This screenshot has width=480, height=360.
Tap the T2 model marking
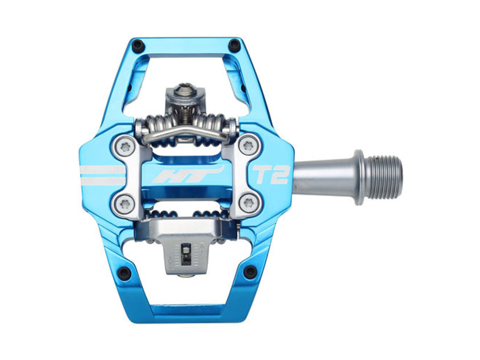pyautogui.click(x=270, y=175)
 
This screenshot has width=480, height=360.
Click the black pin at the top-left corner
pyautogui.click(x=138, y=45)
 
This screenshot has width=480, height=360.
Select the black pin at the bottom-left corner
pyautogui.click(x=124, y=271)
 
